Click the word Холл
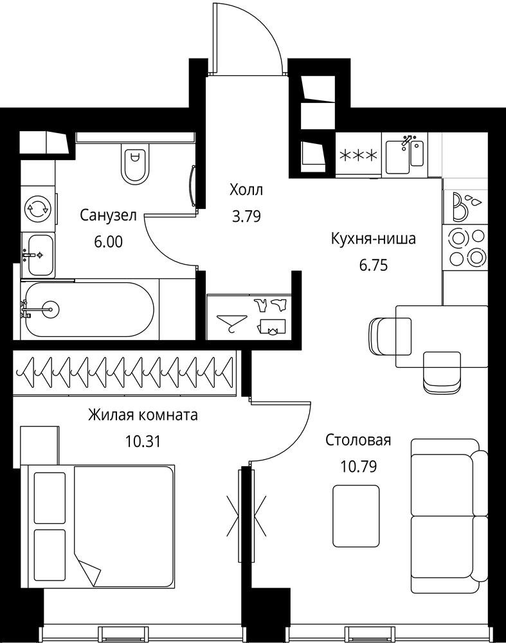pyautogui.click(x=246, y=190)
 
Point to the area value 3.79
pyautogui.click(x=246, y=216)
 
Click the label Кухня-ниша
pyautogui.click(x=373, y=239)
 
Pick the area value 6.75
pyautogui.click(x=373, y=266)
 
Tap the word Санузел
pyautogui.click(x=108, y=215)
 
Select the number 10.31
pyautogui.click(x=143, y=441)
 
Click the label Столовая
pyautogui.click(x=358, y=440)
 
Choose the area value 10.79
pyautogui.click(x=358, y=466)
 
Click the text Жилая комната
pyautogui.click(x=143, y=415)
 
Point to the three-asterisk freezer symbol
pyautogui.click(x=359, y=156)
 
